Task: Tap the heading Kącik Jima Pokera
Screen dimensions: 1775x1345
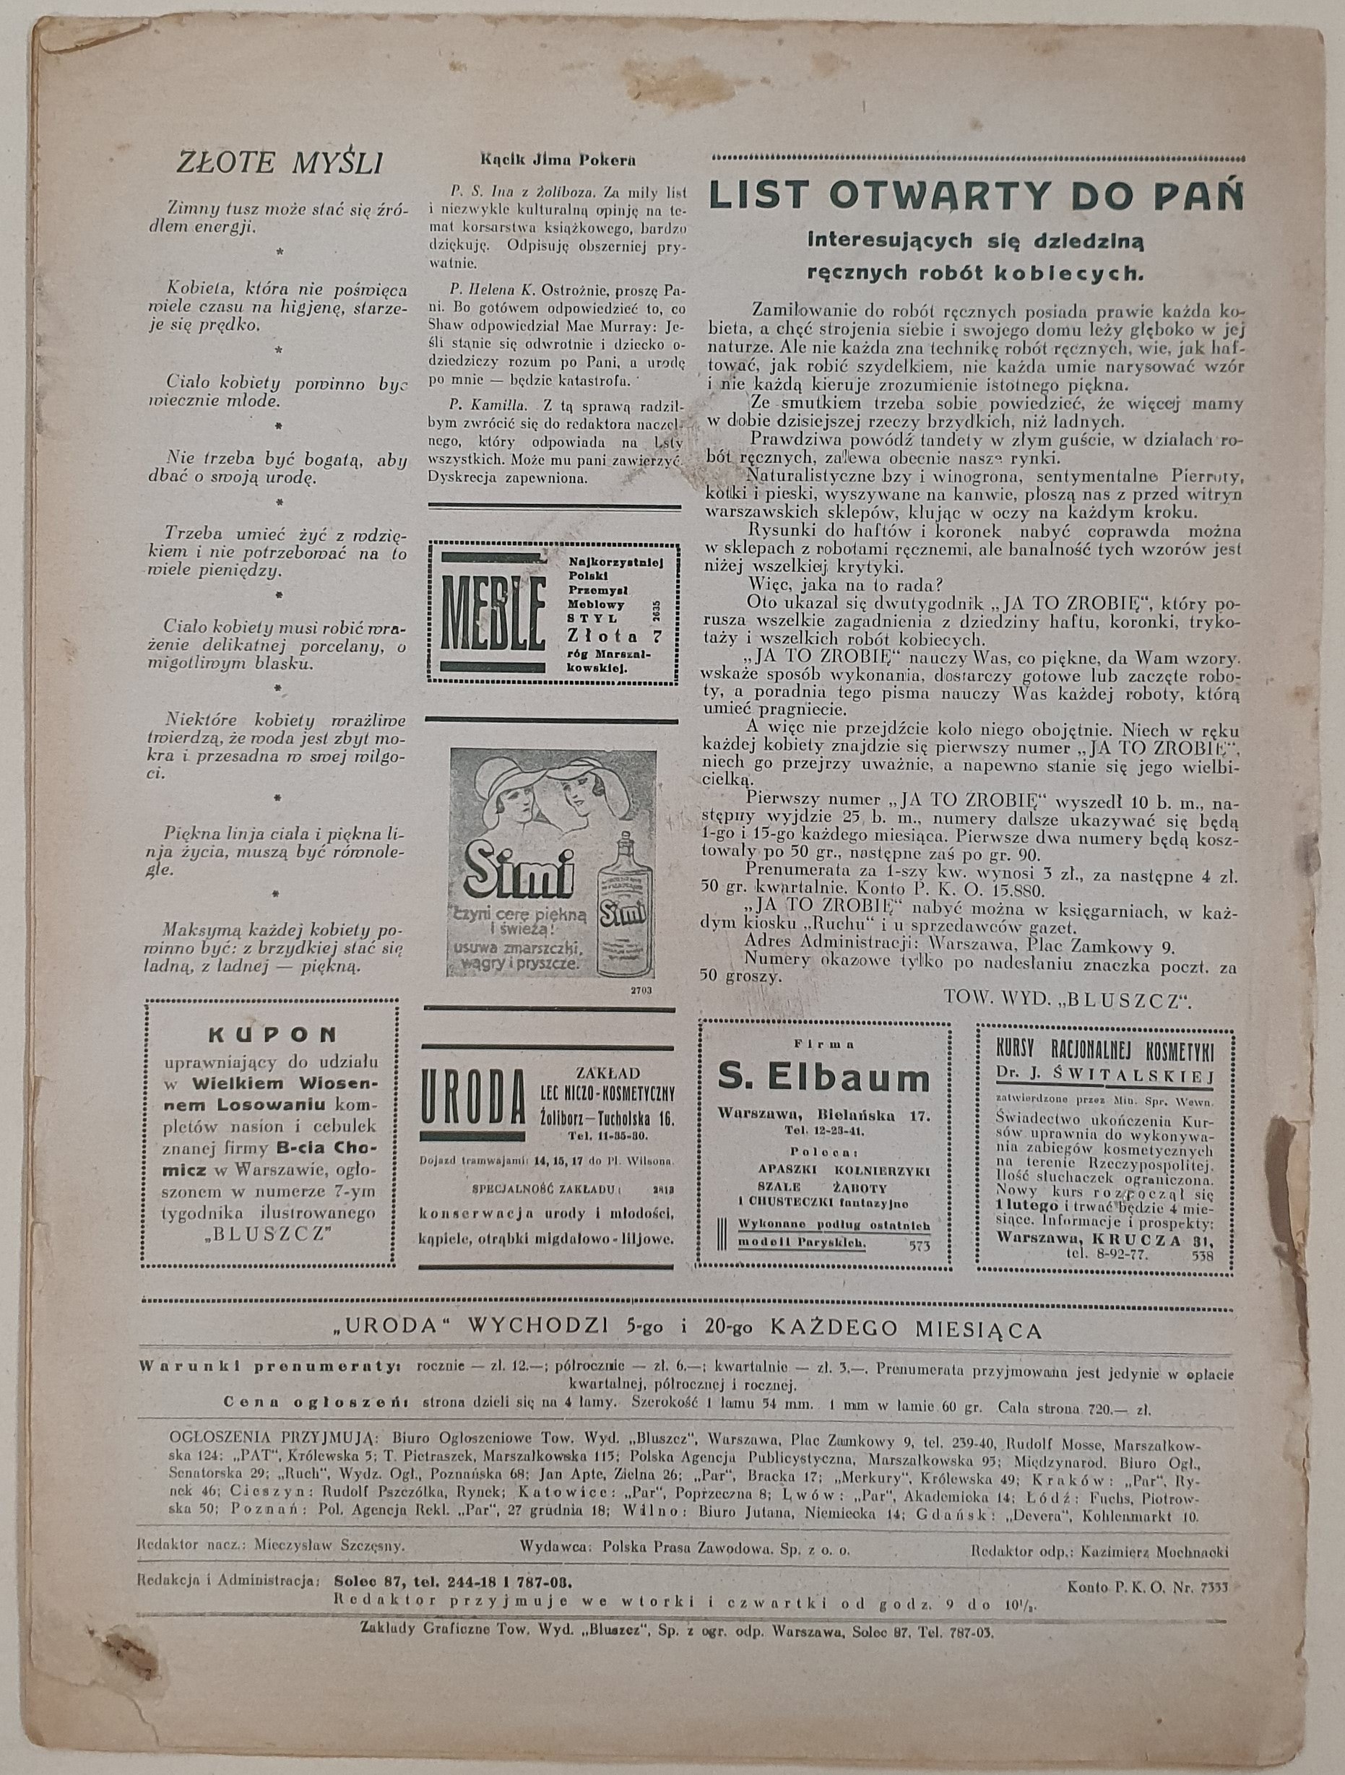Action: (557, 159)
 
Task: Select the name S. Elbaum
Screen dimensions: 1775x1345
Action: (824, 1080)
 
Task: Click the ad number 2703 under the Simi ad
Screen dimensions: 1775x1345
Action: (641, 991)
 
